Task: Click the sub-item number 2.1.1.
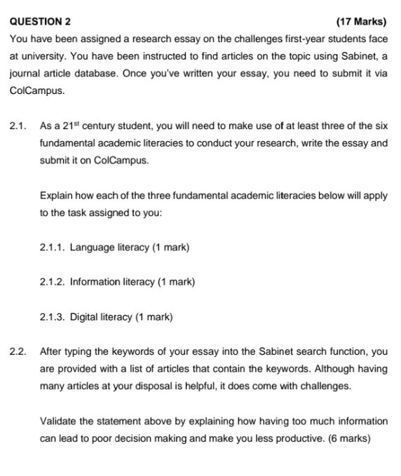53,248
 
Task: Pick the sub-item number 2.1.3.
53,317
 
